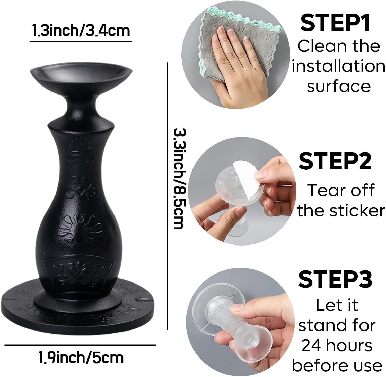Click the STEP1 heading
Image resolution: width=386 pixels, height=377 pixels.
tap(335, 24)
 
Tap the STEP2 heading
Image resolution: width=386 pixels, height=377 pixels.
tap(335, 161)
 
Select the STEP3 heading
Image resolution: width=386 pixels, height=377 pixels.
tap(335, 279)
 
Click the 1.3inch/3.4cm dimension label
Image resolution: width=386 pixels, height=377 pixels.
tap(81, 31)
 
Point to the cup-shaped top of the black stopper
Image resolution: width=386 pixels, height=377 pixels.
tap(81, 74)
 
